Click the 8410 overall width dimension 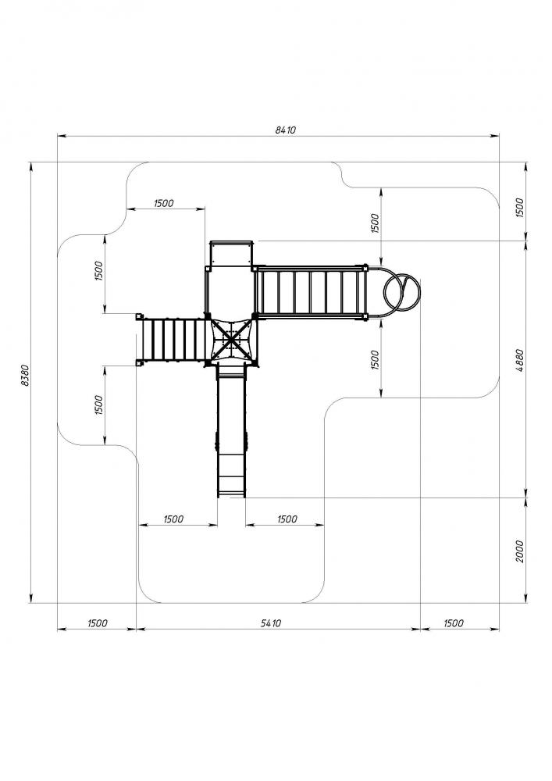pos(286,130)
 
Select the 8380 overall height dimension pos(26,376)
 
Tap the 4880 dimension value pos(519,362)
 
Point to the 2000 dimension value pos(519,551)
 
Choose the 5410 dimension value pos(271,623)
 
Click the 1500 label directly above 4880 pos(519,208)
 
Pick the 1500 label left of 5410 pos(98,623)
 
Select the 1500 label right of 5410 pos(453,623)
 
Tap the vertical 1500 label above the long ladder pos(376,223)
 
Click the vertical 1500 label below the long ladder pos(376,359)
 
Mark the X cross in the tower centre pos(230,341)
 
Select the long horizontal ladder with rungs pos(310,291)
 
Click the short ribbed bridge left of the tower pos(173,341)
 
